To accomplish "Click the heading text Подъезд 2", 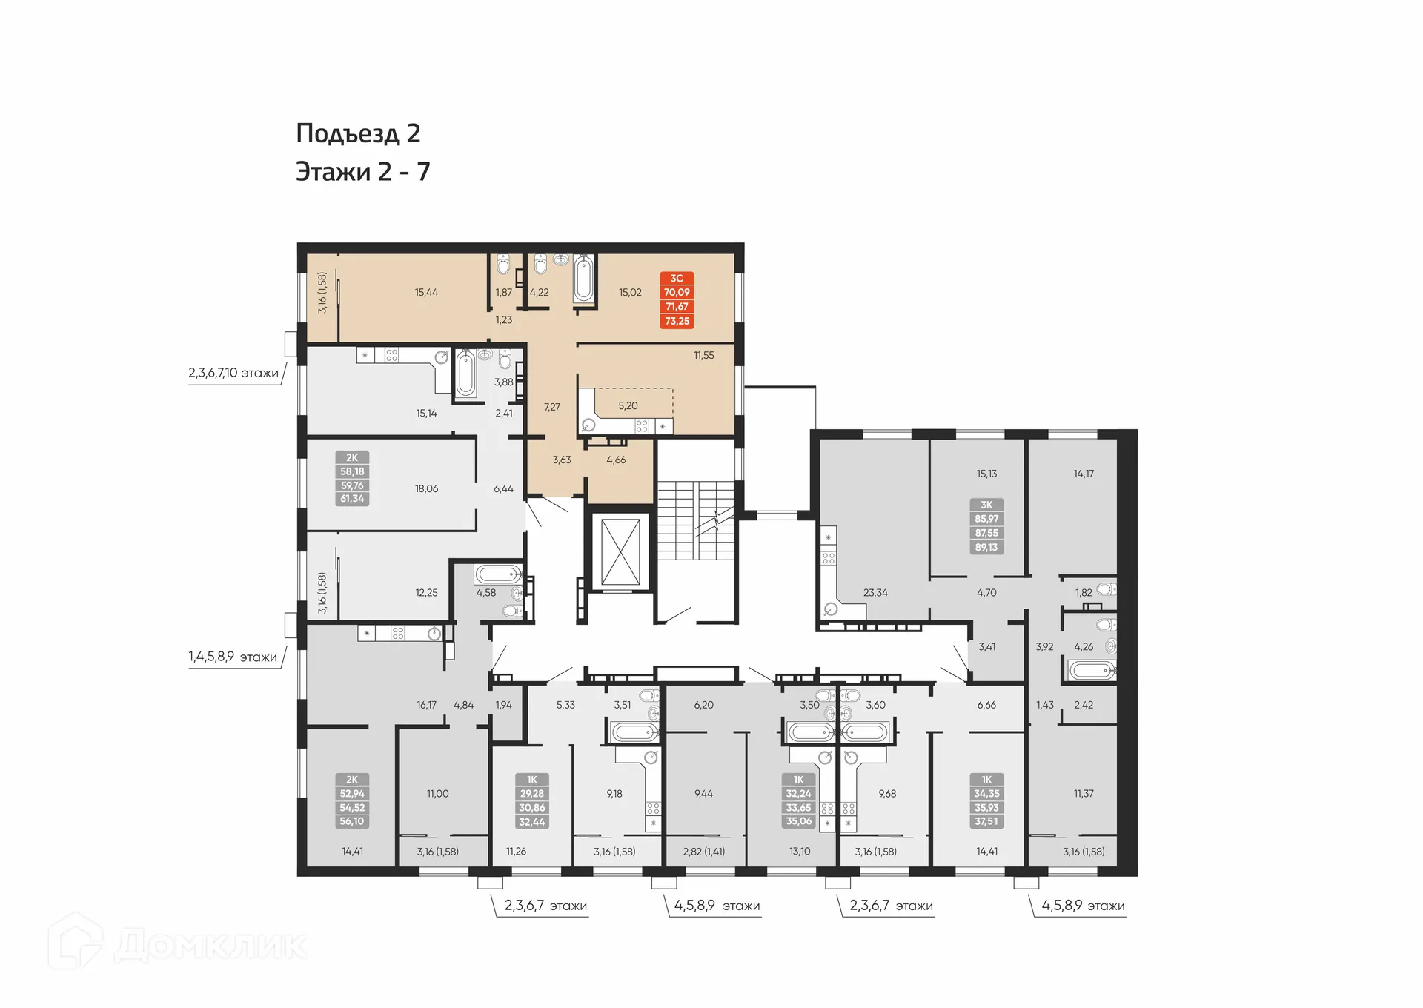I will pyautogui.click(x=358, y=133).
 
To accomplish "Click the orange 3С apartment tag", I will pyautogui.click(x=677, y=299).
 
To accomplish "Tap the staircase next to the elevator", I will pyautogui.click(x=695, y=520).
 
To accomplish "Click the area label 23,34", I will pyautogui.click(x=875, y=593).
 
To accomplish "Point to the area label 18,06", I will pyautogui.click(x=426, y=489).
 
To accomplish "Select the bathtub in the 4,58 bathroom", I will pyautogui.click(x=497, y=574).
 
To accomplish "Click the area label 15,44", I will pyautogui.click(x=426, y=293).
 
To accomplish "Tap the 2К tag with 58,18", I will pyautogui.click(x=352, y=478).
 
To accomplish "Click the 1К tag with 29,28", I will pyautogui.click(x=532, y=800).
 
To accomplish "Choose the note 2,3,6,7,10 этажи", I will pyautogui.click(x=233, y=373).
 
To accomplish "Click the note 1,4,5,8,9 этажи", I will pyautogui.click(x=233, y=657).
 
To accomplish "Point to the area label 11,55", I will pyautogui.click(x=703, y=356).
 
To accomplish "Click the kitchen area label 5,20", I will pyautogui.click(x=628, y=406).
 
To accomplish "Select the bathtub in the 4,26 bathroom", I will pyautogui.click(x=1092, y=672).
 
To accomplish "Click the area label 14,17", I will pyautogui.click(x=1084, y=474).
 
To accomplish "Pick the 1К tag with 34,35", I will pyautogui.click(x=986, y=800).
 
